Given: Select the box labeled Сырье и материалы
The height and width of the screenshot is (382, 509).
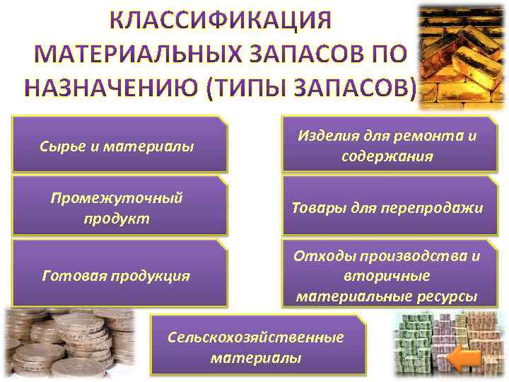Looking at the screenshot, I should (120, 145).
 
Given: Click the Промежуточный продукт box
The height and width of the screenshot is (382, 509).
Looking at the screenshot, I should (120, 207).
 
